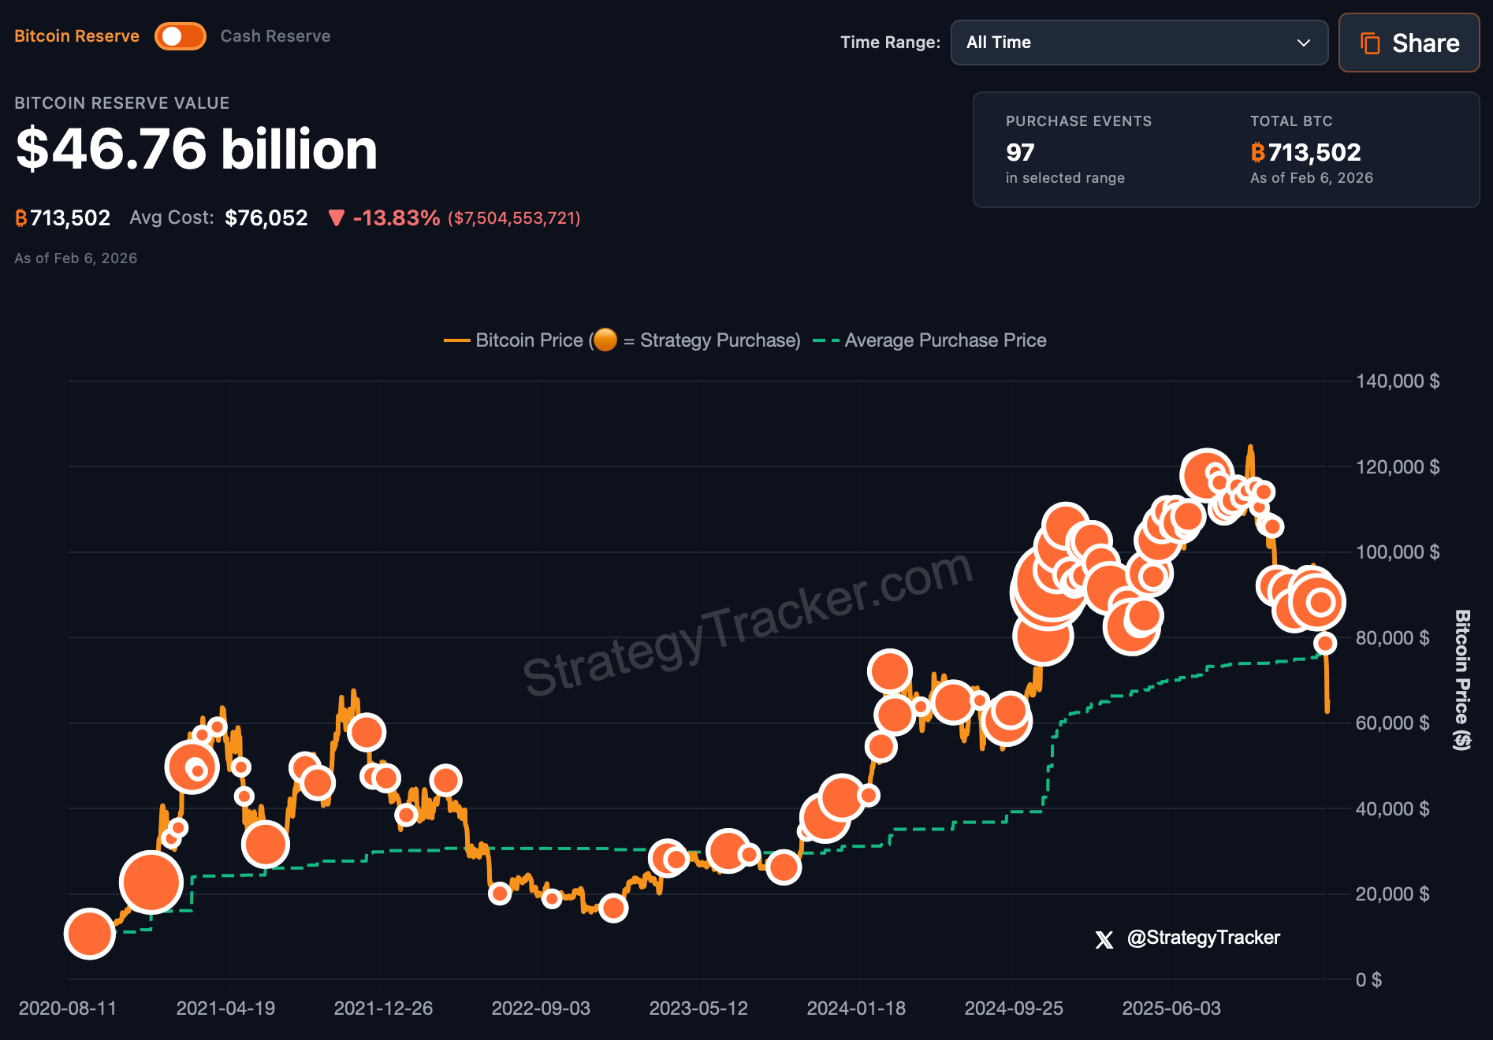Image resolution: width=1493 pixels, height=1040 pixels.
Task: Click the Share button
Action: click(1409, 43)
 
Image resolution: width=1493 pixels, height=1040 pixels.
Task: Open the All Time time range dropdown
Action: click(1138, 43)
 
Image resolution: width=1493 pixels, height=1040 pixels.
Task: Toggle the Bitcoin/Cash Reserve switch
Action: click(181, 36)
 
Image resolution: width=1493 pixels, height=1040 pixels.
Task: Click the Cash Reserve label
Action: click(275, 36)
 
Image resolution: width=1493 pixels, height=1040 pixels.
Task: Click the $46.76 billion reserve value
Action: click(196, 149)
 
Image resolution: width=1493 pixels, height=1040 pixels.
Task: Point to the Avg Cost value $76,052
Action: click(266, 218)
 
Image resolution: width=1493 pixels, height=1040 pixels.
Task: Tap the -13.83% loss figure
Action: click(396, 218)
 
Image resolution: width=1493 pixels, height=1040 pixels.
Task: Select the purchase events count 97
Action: click(1020, 152)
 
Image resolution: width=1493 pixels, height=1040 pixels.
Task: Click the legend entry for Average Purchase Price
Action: click(944, 340)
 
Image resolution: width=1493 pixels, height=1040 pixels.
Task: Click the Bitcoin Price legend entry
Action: click(528, 340)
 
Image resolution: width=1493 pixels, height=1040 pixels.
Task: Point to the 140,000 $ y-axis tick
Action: click(1397, 381)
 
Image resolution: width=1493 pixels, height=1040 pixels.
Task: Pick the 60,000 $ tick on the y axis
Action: click(1392, 723)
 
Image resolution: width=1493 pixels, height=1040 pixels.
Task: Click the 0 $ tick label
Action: click(1368, 979)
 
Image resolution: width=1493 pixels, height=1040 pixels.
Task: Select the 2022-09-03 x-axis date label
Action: click(541, 1008)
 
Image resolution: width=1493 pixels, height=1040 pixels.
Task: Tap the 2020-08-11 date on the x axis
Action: click(68, 1008)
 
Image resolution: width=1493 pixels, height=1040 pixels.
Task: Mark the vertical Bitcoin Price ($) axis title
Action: click(1462, 679)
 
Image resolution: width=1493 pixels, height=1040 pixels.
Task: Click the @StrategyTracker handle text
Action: click(1203, 938)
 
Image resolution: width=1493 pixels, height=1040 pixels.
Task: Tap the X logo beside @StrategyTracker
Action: click(1104, 939)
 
